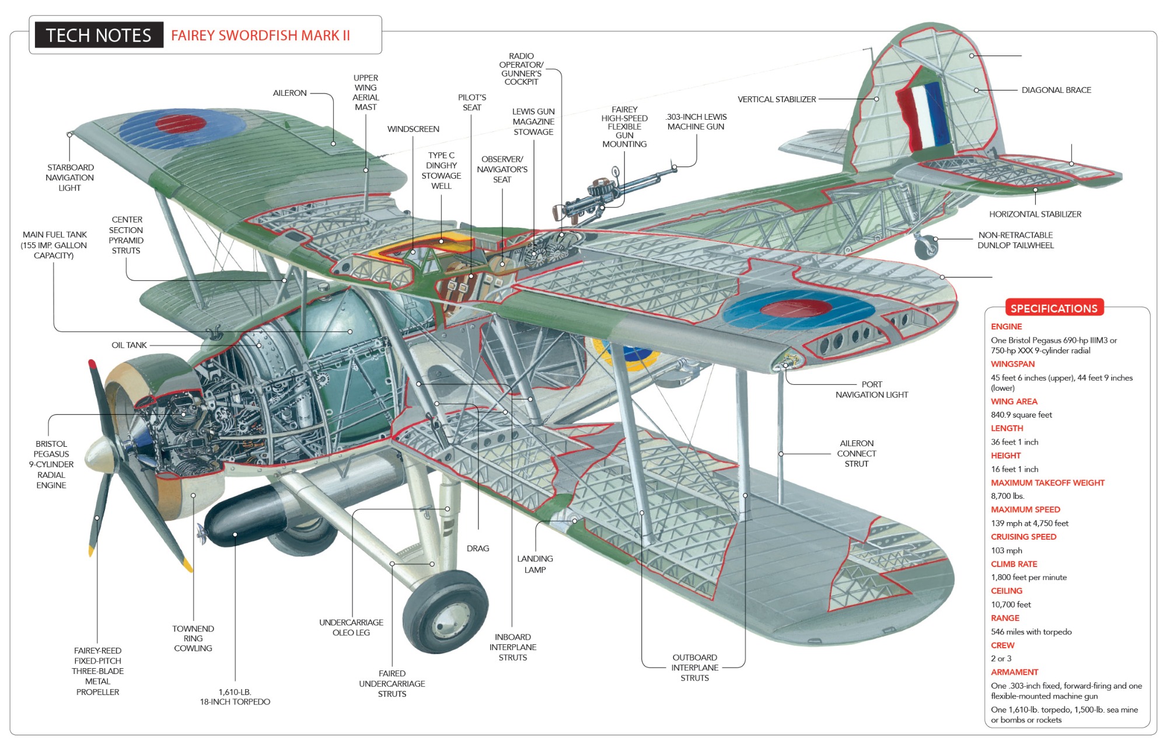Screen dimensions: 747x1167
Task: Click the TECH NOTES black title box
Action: [99, 35]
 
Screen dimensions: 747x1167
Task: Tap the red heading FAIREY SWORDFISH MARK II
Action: [260, 36]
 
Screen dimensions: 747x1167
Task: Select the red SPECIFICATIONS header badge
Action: [1054, 308]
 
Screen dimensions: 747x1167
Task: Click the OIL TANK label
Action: [129, 345]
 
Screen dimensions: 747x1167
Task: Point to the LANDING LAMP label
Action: [534, 564]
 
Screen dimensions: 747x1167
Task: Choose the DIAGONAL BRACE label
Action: [1056, 90]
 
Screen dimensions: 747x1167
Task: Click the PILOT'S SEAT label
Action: [471, 102]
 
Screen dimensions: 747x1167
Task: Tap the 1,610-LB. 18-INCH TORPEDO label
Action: [235, 697]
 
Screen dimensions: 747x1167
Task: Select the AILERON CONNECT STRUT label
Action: [856, 453]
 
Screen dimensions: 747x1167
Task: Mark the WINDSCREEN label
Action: [413, 129]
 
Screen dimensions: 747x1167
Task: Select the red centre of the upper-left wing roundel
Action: [181, 123]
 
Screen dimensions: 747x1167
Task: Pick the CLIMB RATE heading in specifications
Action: [1014, 564]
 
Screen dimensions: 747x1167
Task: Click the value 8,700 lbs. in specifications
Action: [1007, 496]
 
